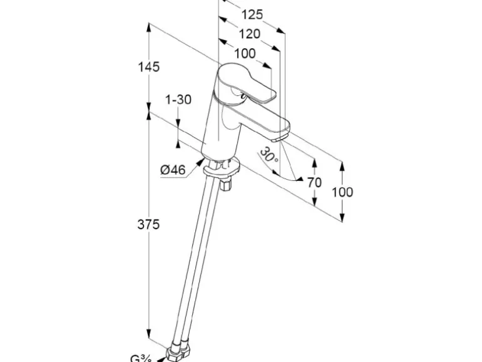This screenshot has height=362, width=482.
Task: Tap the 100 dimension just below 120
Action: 244,53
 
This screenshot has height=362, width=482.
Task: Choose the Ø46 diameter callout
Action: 173,169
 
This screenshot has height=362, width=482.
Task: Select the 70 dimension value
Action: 314,182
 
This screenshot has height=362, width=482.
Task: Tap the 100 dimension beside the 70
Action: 341,192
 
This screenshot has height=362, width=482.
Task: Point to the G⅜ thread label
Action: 140,358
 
